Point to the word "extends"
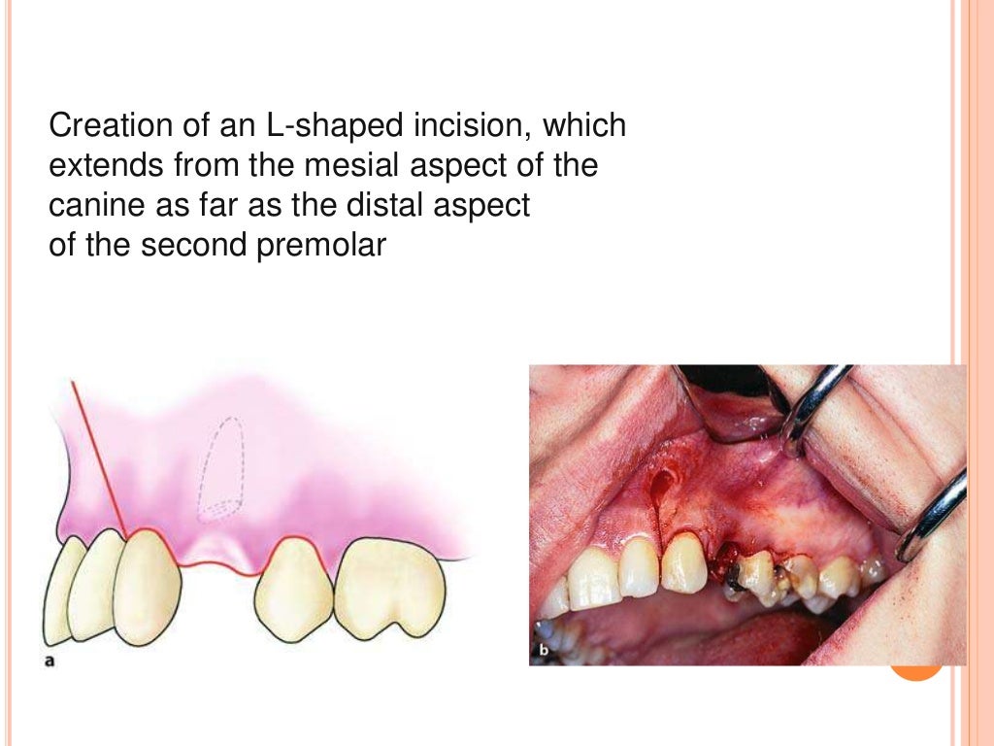tap(104, 166)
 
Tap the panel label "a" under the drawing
tap(50, 661)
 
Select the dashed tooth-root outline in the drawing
tap(224, 467)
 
